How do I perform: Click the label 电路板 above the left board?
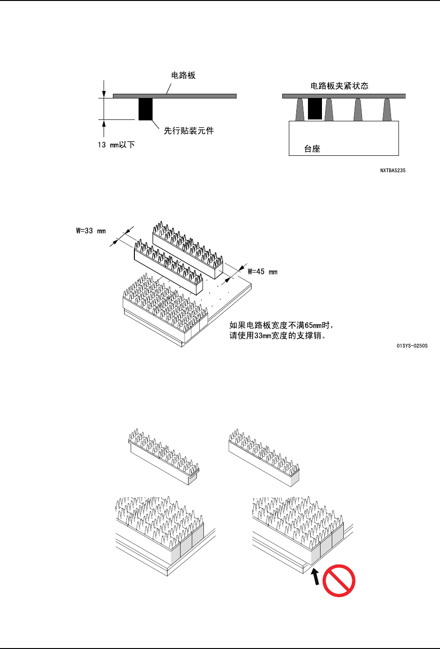[x=183, y=76]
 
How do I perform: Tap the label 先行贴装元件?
[x=189, y=131]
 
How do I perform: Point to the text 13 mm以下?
[x=116, y=145]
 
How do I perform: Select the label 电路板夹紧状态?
[x=339, y=86]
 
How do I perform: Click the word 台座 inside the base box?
[x=312, y=149]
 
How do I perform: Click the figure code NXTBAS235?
[x=392, y=171]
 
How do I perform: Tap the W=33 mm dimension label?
[x=91, y=231]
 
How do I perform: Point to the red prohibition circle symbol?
[x=339, y=580]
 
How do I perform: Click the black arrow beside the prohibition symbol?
[x=316, y=577]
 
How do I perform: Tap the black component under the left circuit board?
[x=146, y=109]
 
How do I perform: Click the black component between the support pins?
[x=315, y=109]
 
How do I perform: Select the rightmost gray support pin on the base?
[x=387, y=110]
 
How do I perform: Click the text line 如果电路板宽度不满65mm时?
[x=281, y=326]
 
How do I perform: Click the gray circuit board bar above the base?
[x=344, y=96]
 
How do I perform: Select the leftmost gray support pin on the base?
[x=300, y=110]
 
